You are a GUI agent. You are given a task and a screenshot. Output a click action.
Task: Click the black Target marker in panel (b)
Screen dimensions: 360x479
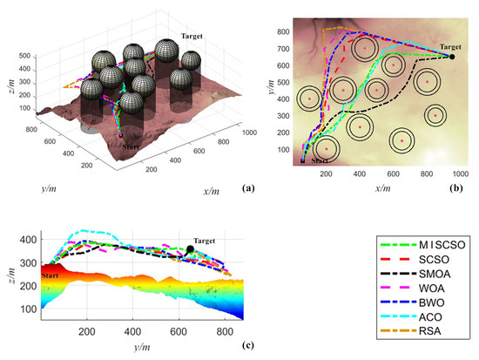pos(452,57)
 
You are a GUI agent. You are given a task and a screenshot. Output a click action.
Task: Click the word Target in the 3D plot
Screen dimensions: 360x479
pos(194,36)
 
